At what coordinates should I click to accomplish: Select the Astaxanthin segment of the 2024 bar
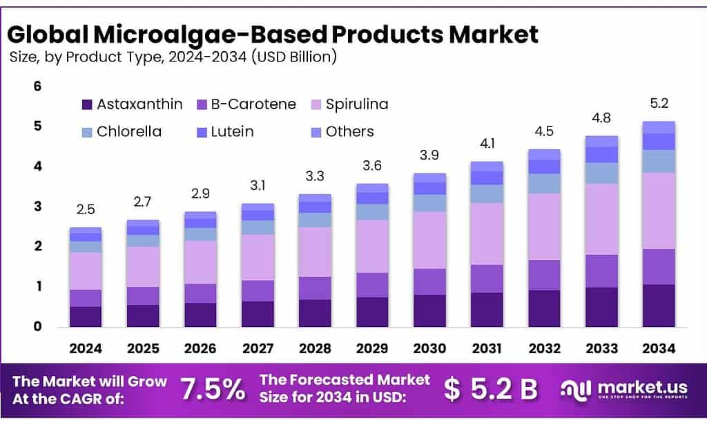86,317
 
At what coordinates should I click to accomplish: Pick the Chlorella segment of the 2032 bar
545,183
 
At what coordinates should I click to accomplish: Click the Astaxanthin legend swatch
86,105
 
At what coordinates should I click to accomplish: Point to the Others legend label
349,131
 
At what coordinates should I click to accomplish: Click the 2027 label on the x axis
258,348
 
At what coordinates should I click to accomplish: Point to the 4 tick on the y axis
38,166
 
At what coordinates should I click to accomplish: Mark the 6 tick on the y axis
38,86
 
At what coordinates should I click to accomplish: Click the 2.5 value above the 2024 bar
86,209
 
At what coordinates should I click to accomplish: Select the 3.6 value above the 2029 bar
373,166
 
